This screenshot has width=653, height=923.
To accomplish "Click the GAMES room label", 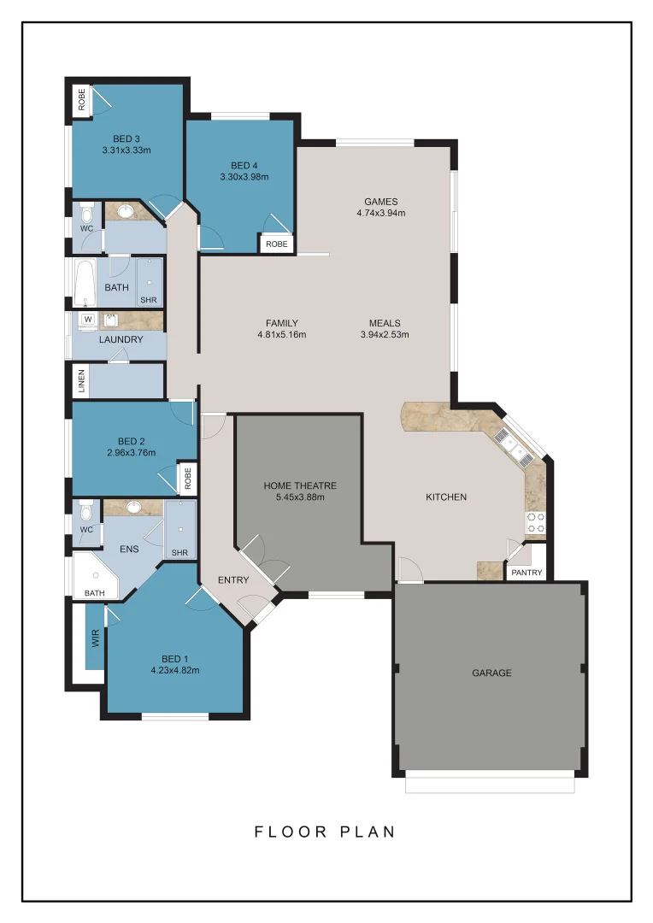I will coord(380,202).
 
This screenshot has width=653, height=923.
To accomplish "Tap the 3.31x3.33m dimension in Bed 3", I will coord(126,150).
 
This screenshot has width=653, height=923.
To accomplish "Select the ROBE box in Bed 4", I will coord(277,244).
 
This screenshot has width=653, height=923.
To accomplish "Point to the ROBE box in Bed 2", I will coord(186,478).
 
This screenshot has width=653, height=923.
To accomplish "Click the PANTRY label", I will coord(527,573).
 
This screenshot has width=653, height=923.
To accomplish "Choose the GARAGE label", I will coord(491,673).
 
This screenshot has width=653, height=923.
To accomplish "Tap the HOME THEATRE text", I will coord(299,485).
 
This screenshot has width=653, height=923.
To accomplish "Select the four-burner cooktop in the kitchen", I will coord(536,523).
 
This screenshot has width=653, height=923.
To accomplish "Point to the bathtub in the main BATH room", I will coord(84,284).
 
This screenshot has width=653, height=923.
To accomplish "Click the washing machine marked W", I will coord(86,320).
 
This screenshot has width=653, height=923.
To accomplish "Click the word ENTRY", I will coord(233,580).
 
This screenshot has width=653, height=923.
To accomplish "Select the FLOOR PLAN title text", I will coord(325,832).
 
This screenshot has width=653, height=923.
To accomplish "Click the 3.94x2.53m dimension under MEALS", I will coord(385,334).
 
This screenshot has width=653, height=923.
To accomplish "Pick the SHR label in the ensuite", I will coord(179,553).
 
